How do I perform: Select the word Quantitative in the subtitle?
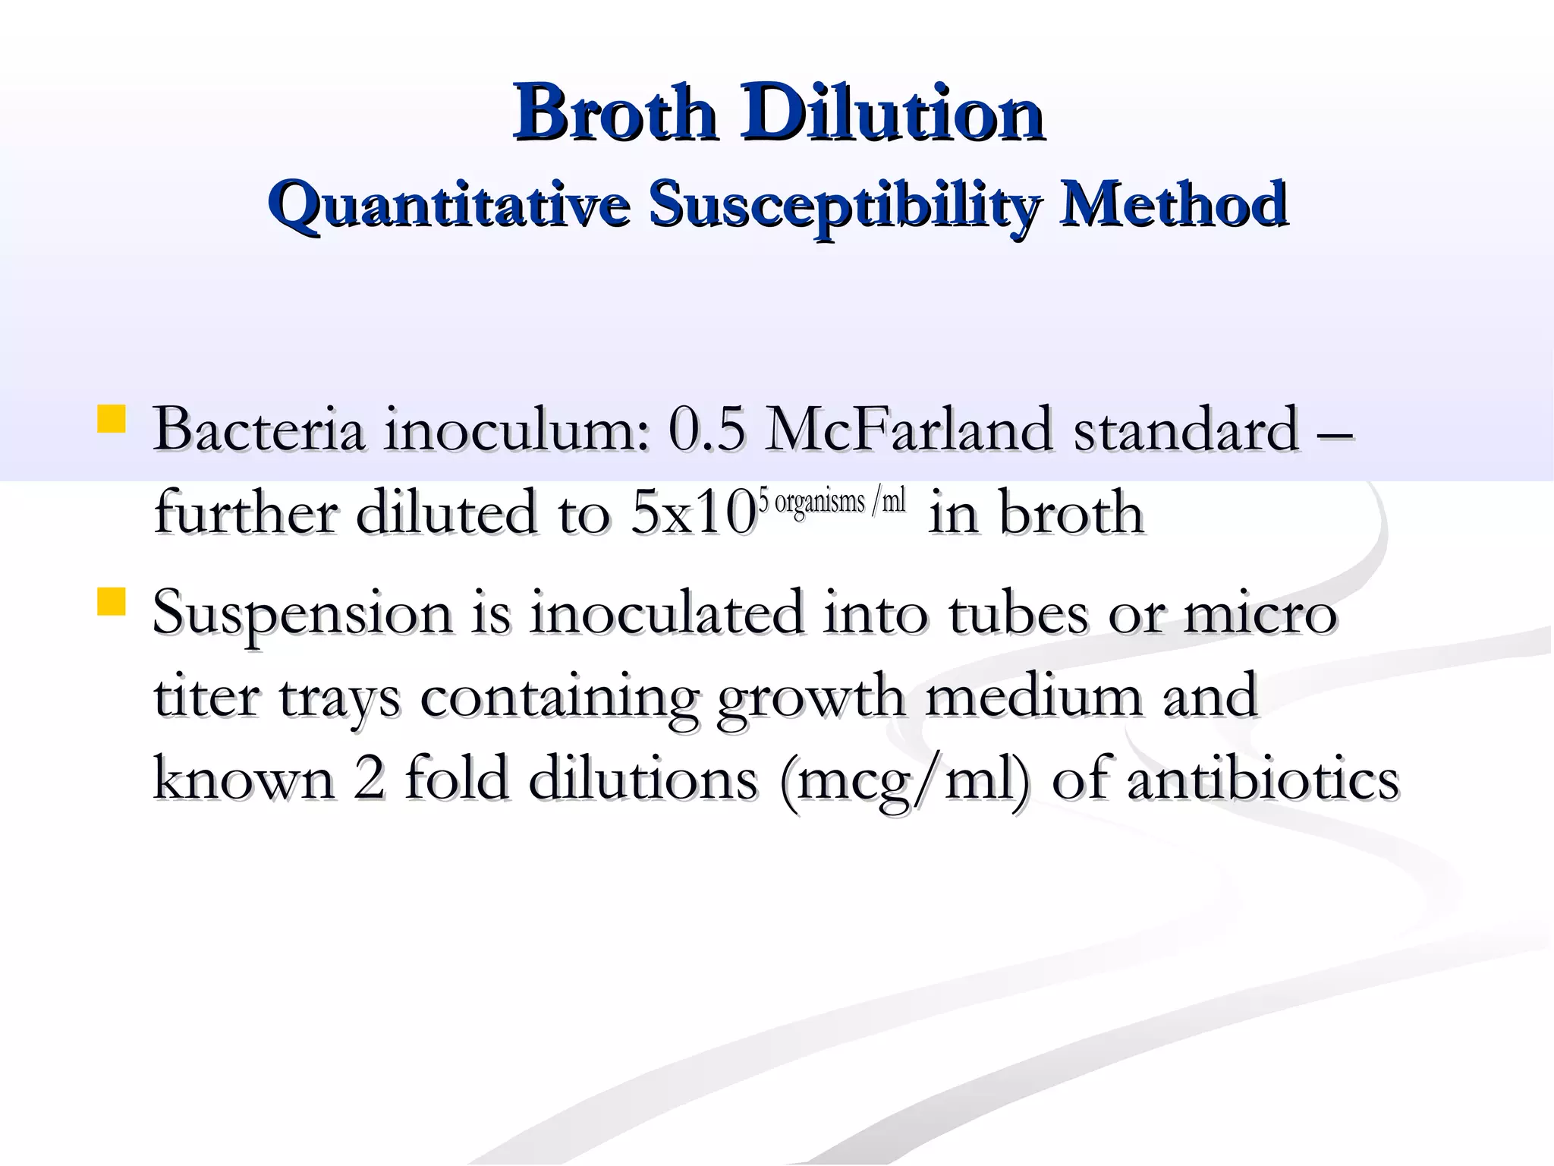(x=448, y=205)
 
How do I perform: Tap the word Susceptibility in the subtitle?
(x=843, y=205)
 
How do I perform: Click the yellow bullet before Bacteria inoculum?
(x=112, y=419)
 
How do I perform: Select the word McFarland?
(x=909, y=430)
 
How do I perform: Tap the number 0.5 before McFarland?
(x=706, y=430)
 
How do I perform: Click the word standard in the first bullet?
(x=1186, y=430)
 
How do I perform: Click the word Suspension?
(x=302, y=613)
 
